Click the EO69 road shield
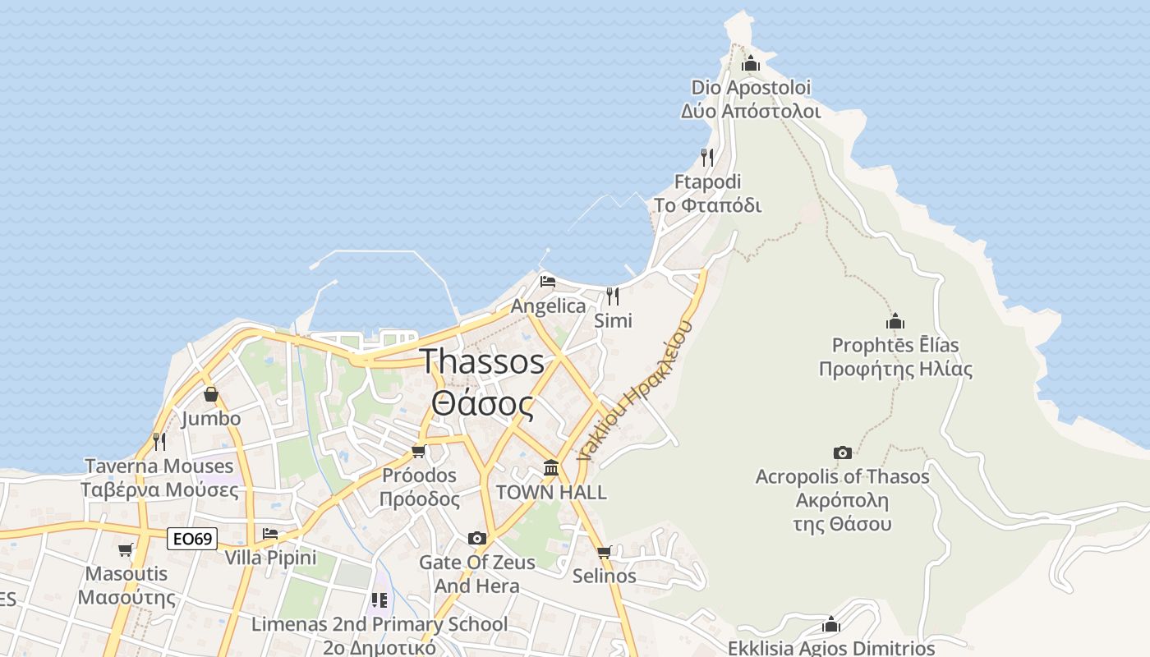coord(193,540)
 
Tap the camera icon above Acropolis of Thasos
coord(842,453)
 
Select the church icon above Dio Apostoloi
coord(750,64)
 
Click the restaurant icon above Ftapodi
coord(707,157)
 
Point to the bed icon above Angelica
coord(548,282)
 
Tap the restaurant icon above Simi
coord(613,296)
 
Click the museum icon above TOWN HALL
coord(551,468)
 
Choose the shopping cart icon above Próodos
coord(419,451)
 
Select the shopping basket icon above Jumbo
coord(211,394)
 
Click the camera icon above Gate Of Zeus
coord(476,538)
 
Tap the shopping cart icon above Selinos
coord(605,552)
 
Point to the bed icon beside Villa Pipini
coord(270,534)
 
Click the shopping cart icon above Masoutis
coord(126,549)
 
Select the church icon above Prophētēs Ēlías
coord(895,321)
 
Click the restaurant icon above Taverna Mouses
coord(159,442)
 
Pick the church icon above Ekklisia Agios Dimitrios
coord(831,624)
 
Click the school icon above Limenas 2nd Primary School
coord(379,600)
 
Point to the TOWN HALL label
coord(551,493)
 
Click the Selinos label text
coord(605,577)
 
